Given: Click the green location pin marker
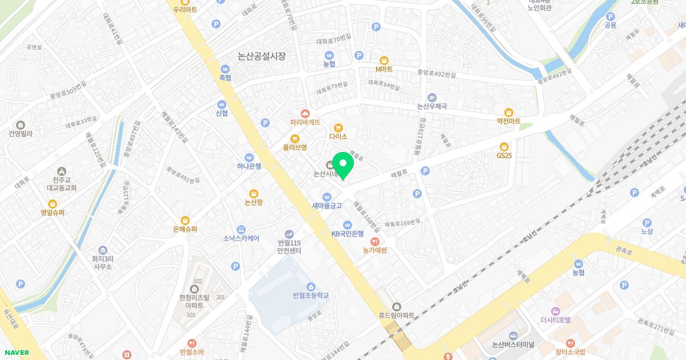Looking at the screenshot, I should [343, 165].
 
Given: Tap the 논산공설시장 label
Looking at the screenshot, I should [261, 56].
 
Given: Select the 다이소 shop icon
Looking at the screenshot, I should [338, 127].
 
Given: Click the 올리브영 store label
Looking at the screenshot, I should [294, 147].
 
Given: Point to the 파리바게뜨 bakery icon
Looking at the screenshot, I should [305, 113].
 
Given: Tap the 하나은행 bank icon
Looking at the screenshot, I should [249, 157].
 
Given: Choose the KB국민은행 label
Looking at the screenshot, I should [348, 233].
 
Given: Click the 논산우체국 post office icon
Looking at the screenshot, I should [432, 97].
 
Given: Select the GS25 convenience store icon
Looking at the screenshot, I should [504, 146].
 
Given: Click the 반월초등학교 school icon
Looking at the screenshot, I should [310, 286].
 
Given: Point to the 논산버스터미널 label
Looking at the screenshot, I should [513, 345].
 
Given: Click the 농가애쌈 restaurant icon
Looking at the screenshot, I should [375, 241].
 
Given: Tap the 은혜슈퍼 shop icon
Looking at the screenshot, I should [185, 220].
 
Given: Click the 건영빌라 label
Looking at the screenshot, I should [21, 134].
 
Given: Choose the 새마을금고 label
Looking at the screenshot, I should [327, 206].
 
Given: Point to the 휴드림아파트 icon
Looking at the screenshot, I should [397, 306].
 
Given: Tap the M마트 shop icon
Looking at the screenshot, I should [384, 60].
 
